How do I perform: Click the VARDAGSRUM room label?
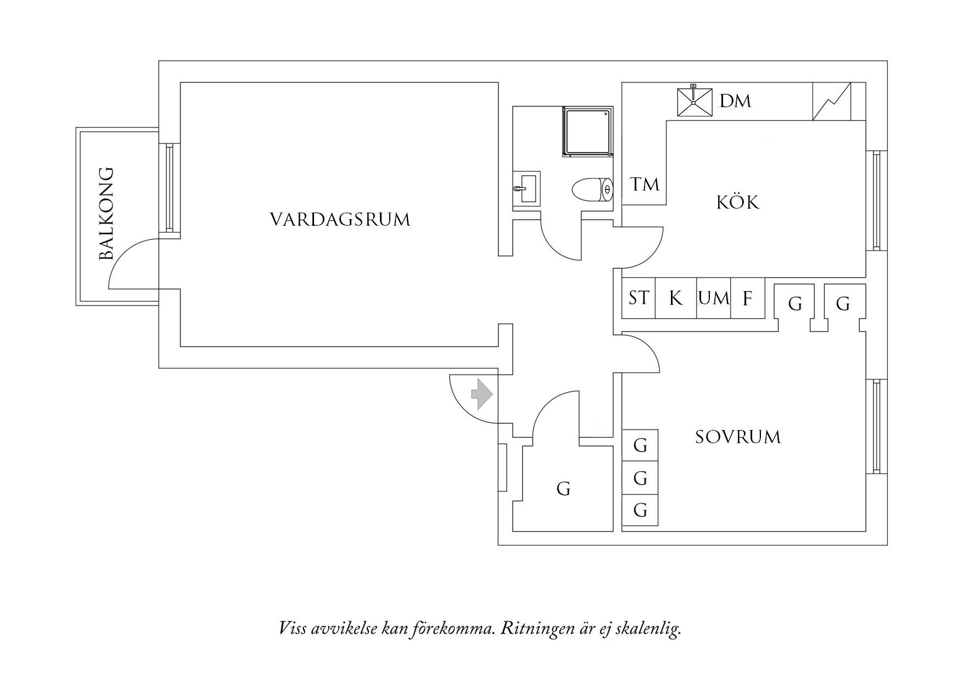coord(340,220)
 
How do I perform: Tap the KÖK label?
coord(738,203)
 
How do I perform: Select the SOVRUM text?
coord(737,437)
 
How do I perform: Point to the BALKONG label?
coord(106,214)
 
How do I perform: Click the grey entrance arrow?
coord(481,394)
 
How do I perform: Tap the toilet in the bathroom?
coord(592,191)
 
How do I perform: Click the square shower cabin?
coord(587,132)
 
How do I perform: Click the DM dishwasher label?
coord(735,101)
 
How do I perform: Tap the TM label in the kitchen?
coord(644,185)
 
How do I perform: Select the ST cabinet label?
coord(639,298)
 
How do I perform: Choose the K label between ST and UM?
coord(676,299)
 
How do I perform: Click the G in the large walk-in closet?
coord(563,488)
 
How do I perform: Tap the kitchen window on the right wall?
coord(876,201)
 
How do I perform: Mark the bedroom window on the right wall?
coord(876,426)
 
